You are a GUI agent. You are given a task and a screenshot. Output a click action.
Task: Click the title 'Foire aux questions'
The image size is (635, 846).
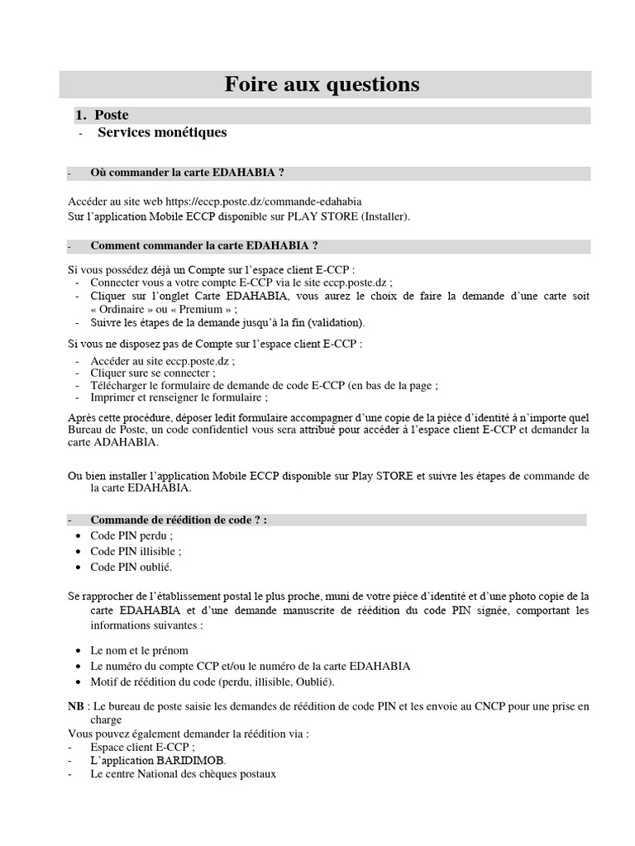tap(323, 84)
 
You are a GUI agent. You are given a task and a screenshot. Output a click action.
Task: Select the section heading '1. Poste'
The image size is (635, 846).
tap(112, 116)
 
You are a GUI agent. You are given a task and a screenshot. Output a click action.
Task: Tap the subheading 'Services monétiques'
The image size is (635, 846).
tap(162, 132)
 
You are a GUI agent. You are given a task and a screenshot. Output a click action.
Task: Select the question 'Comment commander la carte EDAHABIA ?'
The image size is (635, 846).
tap(204, 246)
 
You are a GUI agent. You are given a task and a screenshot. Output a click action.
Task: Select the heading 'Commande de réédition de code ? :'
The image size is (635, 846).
tap(179, 520)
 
